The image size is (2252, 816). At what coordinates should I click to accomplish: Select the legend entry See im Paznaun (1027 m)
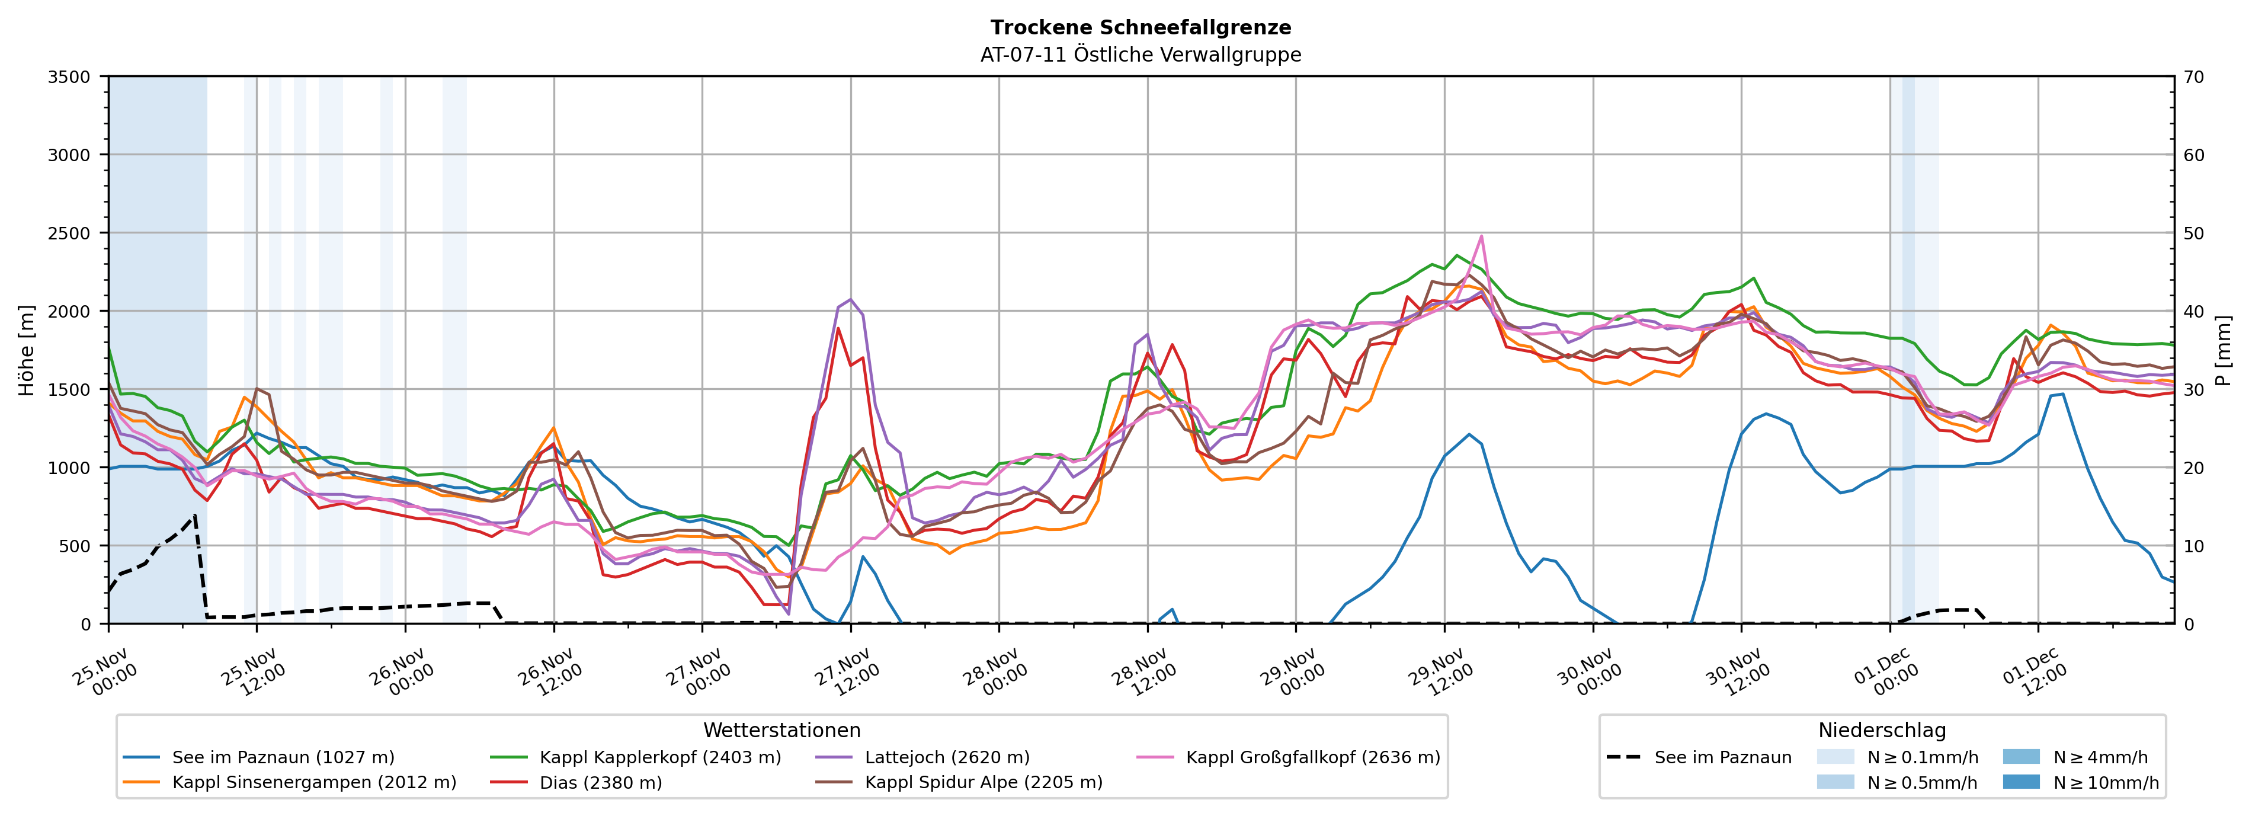tap(283, 757)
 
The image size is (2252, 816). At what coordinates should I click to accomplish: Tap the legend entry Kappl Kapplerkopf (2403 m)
tap(660, 757)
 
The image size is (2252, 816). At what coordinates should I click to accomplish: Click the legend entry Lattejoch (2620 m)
tap(947, 757)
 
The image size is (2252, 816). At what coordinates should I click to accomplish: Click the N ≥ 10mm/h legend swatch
tap(2020, 782)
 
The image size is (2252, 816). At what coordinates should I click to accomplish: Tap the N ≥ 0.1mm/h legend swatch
tap(1835, 757)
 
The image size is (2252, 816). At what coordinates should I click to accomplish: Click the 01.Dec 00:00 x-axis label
tap(1885, 671)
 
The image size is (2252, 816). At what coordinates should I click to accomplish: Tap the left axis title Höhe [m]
tap(27, 350)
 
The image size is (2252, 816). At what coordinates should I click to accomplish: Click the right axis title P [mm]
tap(2223, 350)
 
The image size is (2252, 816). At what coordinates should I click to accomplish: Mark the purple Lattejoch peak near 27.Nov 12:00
tap(851, 299)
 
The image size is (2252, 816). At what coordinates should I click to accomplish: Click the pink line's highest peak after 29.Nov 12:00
tap(1481, 235)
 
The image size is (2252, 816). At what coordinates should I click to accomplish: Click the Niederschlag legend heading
tap(1881, 730)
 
